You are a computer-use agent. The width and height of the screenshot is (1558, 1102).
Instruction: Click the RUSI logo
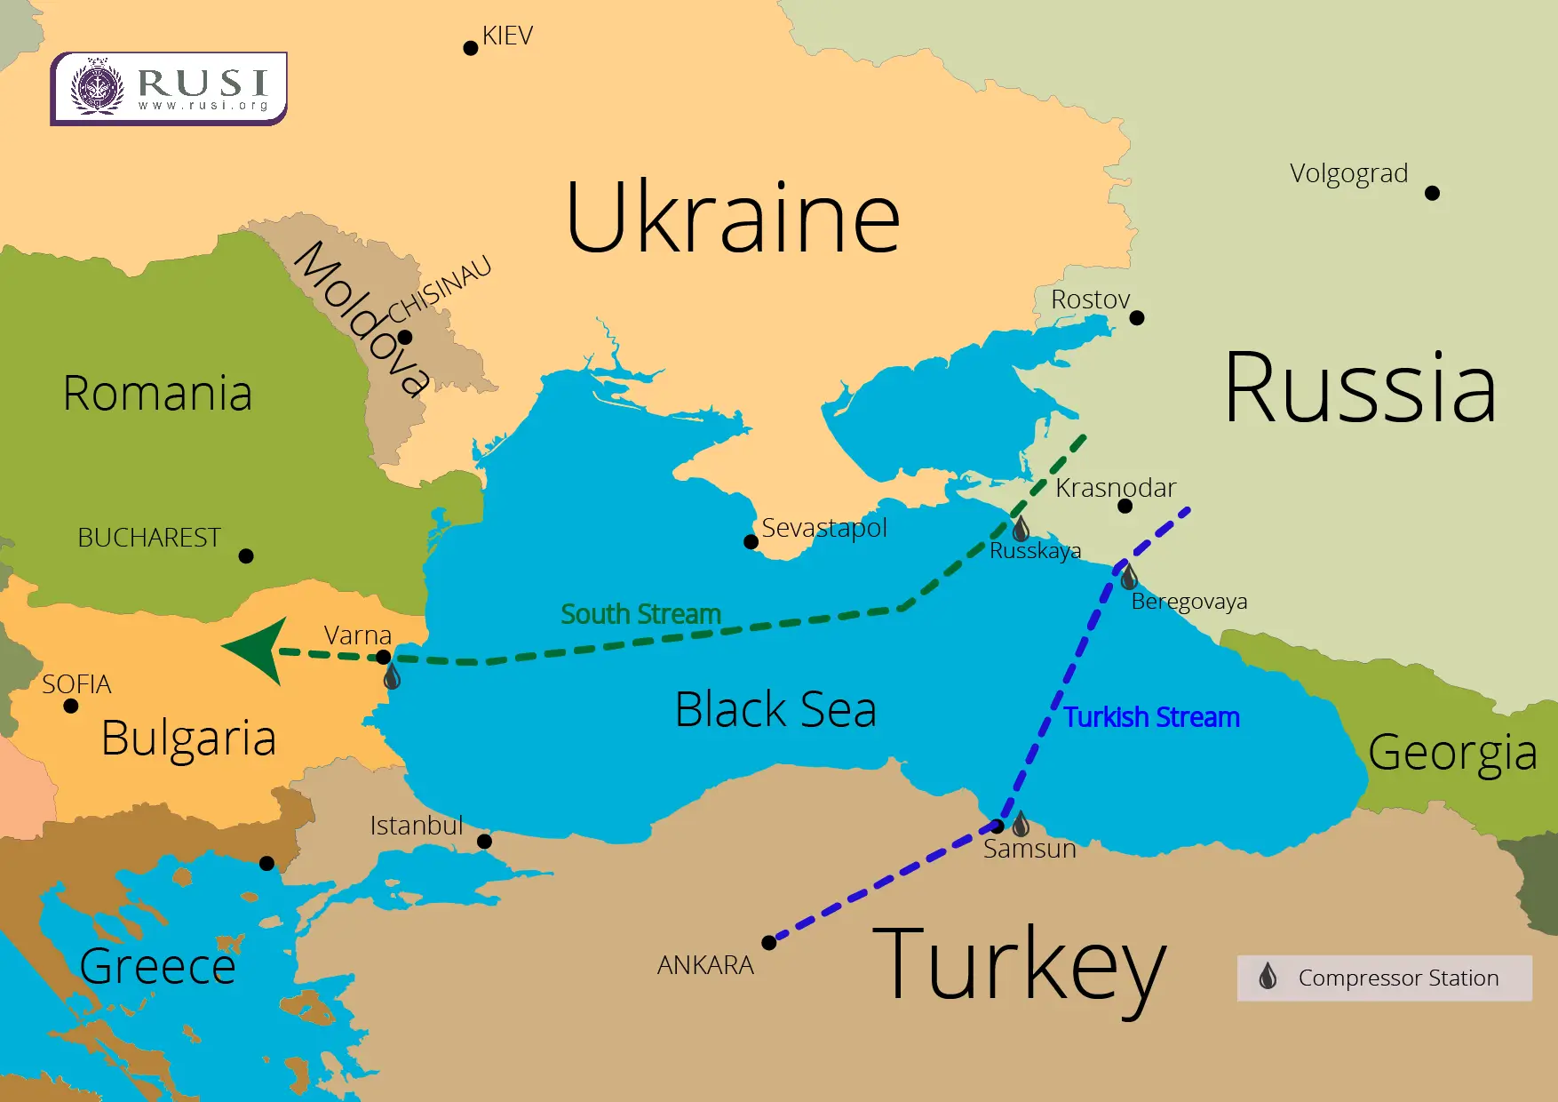point(169,88)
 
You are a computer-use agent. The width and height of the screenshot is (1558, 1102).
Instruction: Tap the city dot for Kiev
point(471,48)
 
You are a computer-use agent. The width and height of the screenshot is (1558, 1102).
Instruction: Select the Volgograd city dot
point(1432,193)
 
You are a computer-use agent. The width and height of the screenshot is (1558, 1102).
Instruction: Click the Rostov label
point(1090,299)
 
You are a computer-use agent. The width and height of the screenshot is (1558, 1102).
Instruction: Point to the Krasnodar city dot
point(1125,507)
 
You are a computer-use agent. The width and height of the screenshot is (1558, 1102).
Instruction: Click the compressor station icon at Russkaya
point(1021,529)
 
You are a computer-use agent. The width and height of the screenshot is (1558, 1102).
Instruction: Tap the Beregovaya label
point(1188,602)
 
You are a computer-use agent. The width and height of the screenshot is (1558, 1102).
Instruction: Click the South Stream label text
point(640,614)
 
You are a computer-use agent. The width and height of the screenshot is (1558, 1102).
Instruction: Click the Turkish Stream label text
point(1152,717)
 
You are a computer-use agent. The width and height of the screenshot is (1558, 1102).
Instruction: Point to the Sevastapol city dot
point(751,542)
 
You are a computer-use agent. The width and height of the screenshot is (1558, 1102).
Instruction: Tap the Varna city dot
point(384,658)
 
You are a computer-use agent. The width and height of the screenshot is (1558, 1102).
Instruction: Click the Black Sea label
point(775,709)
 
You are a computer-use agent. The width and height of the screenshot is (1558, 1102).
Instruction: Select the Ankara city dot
point(769,943)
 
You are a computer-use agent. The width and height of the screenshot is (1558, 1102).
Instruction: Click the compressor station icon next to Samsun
point(1021,824)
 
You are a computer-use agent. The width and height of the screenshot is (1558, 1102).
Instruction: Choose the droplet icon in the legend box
point(1268,977)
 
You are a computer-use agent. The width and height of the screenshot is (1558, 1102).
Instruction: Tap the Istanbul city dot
point(484,841)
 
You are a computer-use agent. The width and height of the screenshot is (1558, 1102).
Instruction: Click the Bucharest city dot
point(246,556)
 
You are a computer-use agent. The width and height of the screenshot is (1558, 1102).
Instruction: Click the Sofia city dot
point(71,707)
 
